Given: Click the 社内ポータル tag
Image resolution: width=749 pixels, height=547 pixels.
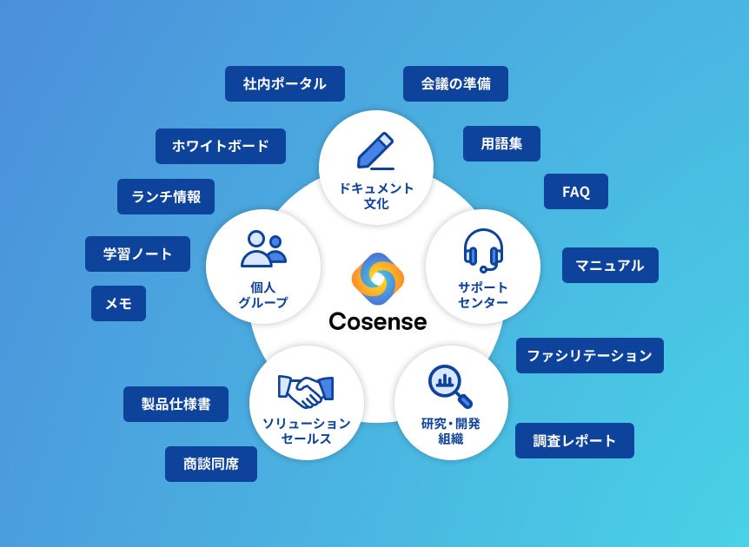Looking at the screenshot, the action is tap(284, 84).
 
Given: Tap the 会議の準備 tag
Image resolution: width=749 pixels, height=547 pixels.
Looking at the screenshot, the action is tap(455, 84).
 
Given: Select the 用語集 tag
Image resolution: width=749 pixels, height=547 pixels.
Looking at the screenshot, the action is tap(501, 144).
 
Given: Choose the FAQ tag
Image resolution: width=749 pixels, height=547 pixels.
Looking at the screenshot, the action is tap(575, 192).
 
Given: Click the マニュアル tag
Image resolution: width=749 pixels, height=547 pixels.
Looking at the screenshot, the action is tap(610, 266).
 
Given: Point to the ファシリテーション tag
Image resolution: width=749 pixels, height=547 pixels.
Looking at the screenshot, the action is tap(589, 356).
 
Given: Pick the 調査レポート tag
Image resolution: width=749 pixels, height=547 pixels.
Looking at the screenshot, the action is tap(573, 441).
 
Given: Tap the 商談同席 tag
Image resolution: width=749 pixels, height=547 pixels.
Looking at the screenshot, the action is tap(210, 465).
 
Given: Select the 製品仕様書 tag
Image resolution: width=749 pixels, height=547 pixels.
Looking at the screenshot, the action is tap(176, 405).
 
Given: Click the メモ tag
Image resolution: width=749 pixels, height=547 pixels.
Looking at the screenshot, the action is tap(118, 304).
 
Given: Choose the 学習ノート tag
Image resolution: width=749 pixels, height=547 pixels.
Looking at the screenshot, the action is tap(137, 254).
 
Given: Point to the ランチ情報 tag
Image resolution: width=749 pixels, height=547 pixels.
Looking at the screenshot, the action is tap(165, 197).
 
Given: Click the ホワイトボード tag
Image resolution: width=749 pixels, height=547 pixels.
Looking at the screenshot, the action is tap(220, 147).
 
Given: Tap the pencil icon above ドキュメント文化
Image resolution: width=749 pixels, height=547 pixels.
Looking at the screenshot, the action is tap(375, 151).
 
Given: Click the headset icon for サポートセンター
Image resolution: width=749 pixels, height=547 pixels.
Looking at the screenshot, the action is tap(482, 250).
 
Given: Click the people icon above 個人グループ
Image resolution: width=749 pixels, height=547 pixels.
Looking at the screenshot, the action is tap(263, 248).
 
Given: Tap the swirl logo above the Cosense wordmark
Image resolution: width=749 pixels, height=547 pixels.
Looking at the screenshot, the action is tap(378, 279).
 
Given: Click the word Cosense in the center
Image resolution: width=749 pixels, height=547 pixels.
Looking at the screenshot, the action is tap(378, 322).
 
